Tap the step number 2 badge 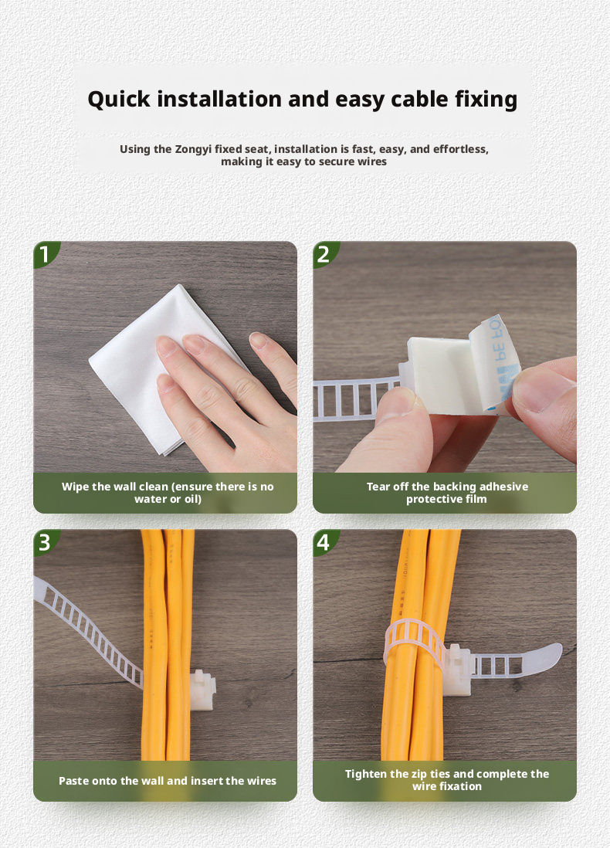(324, 254)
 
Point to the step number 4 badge (324, 542)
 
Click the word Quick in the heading (119, 100)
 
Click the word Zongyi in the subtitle (193, 149)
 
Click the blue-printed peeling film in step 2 (495, 362)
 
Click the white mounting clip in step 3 (203, 690)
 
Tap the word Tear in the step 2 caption (378, 487)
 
